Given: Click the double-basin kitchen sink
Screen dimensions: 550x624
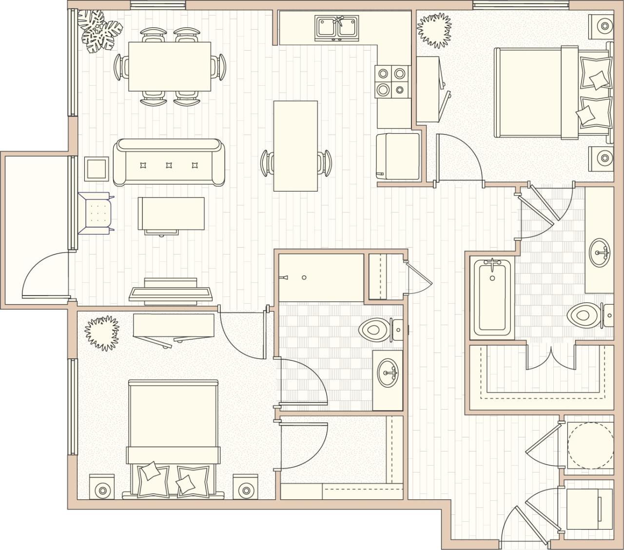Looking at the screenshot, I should [337, 27].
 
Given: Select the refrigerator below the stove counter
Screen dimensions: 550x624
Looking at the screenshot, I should [398, 157].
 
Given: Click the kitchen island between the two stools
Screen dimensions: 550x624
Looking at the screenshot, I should [295, 146].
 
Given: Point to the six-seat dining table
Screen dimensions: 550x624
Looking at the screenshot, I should [170, 66].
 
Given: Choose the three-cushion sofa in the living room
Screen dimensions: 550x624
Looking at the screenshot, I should [169, 162].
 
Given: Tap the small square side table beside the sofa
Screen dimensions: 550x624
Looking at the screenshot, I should [96, 169].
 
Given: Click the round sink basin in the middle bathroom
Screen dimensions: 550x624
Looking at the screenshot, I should [388, 373].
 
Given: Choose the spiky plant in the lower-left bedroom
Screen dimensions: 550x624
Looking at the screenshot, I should [102, 333].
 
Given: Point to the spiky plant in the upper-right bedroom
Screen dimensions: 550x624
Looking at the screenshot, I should [433, 31].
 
